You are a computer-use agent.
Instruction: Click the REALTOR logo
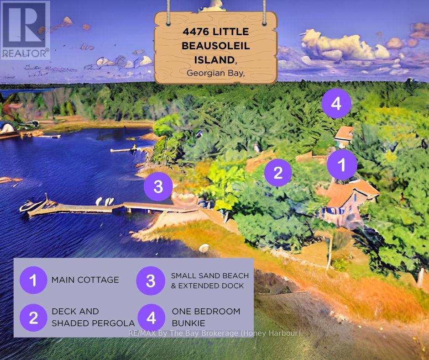[x=25, y=30]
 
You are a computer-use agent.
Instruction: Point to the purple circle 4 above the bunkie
[x=336, y=104]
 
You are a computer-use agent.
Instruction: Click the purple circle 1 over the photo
[x=342, y=164]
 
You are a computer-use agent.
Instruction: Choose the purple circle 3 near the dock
[x=158, y=186]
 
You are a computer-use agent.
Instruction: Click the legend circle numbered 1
[x=33, y=280]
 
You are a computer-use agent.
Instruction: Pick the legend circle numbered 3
[x=151, y=281]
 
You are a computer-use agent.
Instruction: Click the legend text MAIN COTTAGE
[x=85, y=280]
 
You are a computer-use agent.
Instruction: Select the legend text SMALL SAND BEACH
[x=210, y=275]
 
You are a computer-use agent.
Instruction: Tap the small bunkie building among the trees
[x=344, y=134]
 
